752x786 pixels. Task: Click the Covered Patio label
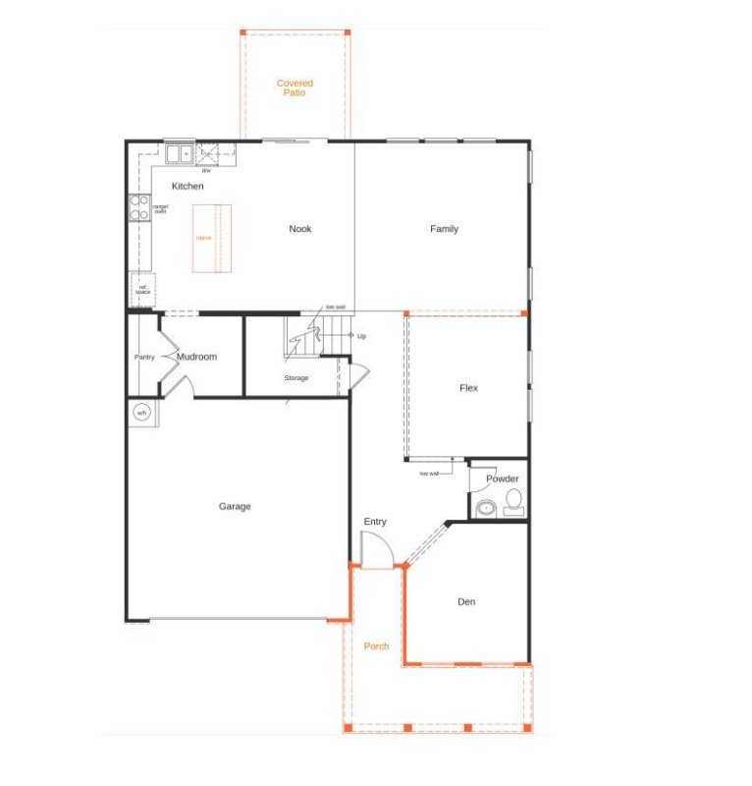[295, 88]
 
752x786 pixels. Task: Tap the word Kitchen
[188, 186]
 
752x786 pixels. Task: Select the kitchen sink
[179, 153]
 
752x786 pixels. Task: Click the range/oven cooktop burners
[139, 207]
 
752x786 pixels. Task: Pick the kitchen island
[211, 238]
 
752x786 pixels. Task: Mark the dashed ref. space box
[142, 288]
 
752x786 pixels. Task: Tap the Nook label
[299, 229]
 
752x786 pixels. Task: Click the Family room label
[444, 229]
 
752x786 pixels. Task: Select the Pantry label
[144, 357]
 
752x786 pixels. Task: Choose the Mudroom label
[196, 357]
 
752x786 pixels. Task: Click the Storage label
[296, 378]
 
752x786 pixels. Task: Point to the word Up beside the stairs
[361, 336]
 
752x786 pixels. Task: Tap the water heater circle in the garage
[141, 412]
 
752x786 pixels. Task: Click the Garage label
[235, 507]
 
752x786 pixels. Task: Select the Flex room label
[468, 388]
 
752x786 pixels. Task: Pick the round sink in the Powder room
[485, 509]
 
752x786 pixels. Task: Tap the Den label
[466, 601]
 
